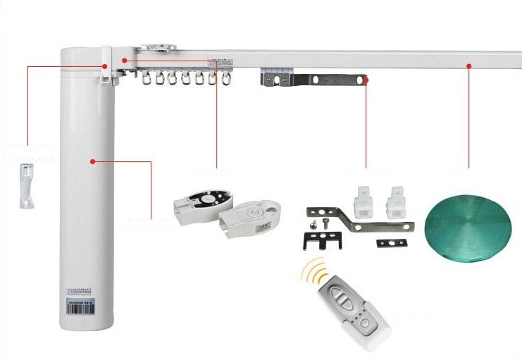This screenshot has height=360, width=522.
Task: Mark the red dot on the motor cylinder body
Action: (x=92, y=161)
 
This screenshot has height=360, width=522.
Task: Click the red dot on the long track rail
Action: (x=468, y=66)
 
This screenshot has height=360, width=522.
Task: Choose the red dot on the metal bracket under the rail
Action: (x=366, y=81)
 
